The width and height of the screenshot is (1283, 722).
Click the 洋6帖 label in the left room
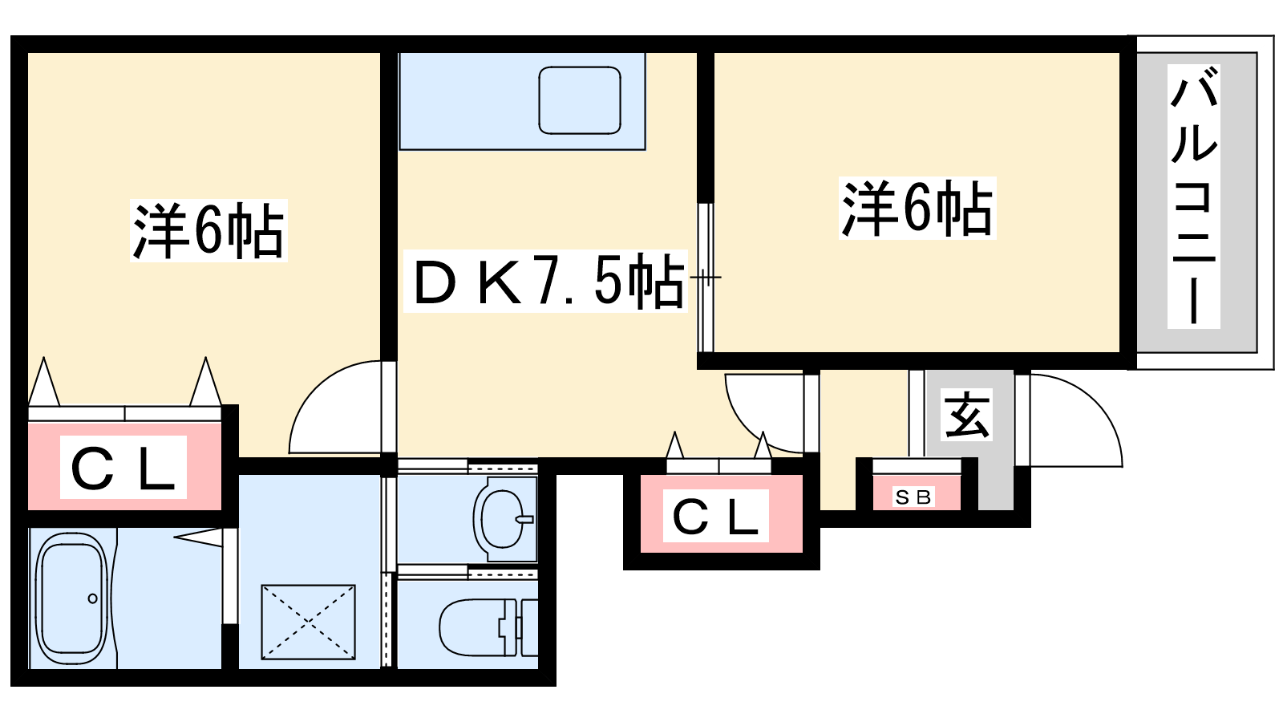pyautogui.click(x=208, y=231)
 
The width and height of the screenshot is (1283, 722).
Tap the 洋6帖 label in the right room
pyautogui.click(x=917, y=209)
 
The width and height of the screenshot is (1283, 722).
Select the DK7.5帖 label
pyautogui.click(x=545, y=282)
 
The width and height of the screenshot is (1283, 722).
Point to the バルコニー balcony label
pyautogui.click(x=1194, y=196)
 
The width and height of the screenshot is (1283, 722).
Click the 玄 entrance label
pyautogui.click(x=967, y=414)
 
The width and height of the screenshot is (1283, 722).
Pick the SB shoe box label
pyautogui.click(x=913, y=497)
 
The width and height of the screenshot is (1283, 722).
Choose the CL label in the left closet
pyautogui.click(x=123, y=468)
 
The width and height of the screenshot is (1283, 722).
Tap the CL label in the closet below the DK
pyautogui.click(x=716, y=516)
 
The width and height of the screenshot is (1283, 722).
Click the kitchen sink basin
pyautogui.click(x=580, y=100)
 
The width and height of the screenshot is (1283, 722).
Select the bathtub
pyautogui.click(x=72, y=598)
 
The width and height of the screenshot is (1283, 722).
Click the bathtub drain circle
pyautogui.click(x=93, y=598)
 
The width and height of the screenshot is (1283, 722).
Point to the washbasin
pyautogui.click(x=504, y=520)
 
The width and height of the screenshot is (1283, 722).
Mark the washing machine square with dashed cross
pyautogui.click(x=308, y=622)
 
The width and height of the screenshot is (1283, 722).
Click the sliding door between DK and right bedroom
pyautogui.click(x=706, y=278)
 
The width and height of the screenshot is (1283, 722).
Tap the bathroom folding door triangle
pyautogui.click(x=198, y=537)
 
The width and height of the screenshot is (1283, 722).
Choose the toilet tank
pyautogui.click(x=528, y=627)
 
